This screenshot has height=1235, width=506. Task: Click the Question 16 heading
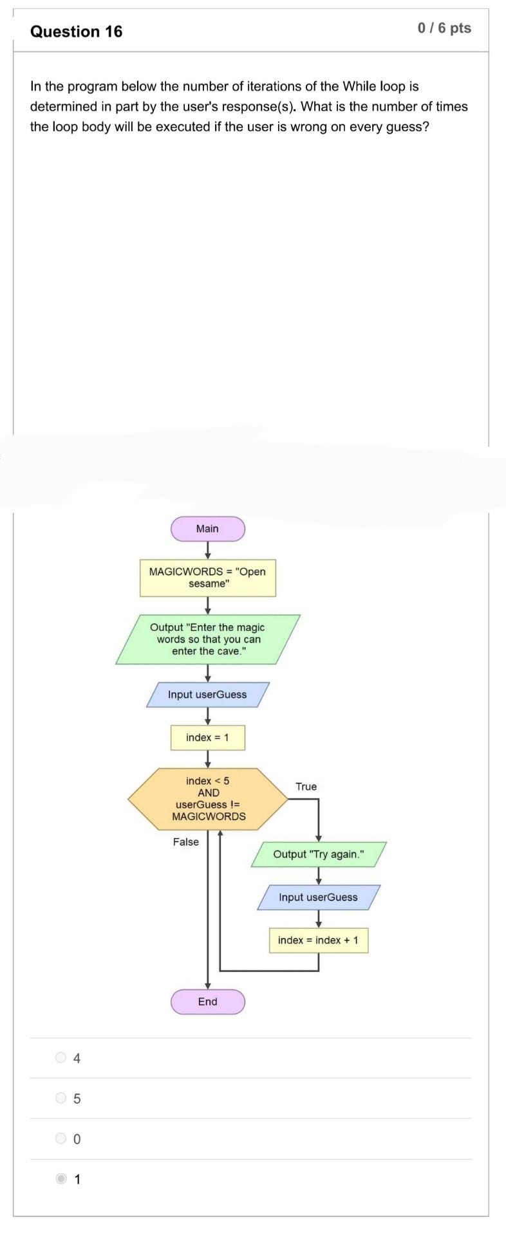tap(76, 32)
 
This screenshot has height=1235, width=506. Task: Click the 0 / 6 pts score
tap(444, 28)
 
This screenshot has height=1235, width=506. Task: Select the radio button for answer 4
tap(61, 1057)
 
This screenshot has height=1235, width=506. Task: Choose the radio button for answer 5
tap(61, 1098)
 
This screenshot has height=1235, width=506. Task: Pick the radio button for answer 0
tap(61, 1139)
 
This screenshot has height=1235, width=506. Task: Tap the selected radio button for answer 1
tap(61, 1179)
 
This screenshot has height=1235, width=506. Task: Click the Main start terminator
tap(207, 529)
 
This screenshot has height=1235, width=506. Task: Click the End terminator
tap(207, 1002)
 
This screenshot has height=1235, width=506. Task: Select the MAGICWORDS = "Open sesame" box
tap(207, 578)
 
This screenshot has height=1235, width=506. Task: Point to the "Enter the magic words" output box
tap(207, 639)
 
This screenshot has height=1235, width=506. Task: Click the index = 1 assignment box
tap(207, 738)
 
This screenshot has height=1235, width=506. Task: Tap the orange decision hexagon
tap(207, 799)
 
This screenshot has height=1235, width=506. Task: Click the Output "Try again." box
tap(318, 854)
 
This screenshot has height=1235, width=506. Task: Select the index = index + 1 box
tap(318, 940)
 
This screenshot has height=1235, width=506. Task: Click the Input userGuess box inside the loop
tap(318, 897)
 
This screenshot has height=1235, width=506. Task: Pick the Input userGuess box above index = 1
tap(207, 695)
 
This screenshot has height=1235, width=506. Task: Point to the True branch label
tap(306, 787)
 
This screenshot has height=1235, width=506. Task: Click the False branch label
tap(185, 842)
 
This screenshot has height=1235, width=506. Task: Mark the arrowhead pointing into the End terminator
tap(207, 985)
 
